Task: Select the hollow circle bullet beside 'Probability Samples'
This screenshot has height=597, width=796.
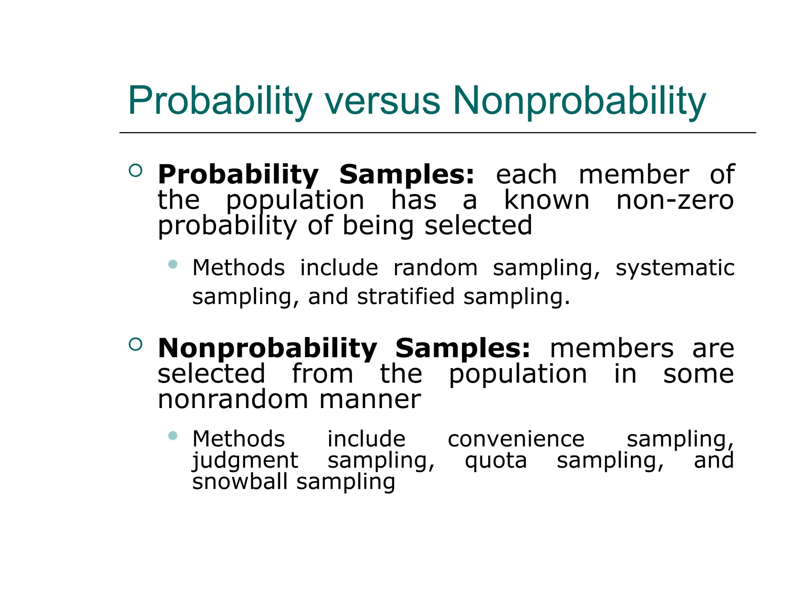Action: [135, 170]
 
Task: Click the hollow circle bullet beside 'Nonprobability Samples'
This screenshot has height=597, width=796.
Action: [135, 344]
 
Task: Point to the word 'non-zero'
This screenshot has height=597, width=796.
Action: [675, 201]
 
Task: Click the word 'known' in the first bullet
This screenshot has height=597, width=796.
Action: [546, 201]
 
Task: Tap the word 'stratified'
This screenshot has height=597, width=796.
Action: [406, 297]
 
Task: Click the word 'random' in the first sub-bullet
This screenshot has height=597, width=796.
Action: [435, 268]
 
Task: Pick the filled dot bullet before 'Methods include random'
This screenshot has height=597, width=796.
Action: [173, 265]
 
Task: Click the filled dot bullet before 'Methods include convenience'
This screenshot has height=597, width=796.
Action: [173, 436]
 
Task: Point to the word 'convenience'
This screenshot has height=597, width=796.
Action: [516, 440]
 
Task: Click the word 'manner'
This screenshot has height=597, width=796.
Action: [370, 400]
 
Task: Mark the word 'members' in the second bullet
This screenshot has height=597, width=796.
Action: [611, 349]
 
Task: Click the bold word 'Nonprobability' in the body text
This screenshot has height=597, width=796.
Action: [267, 349]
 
